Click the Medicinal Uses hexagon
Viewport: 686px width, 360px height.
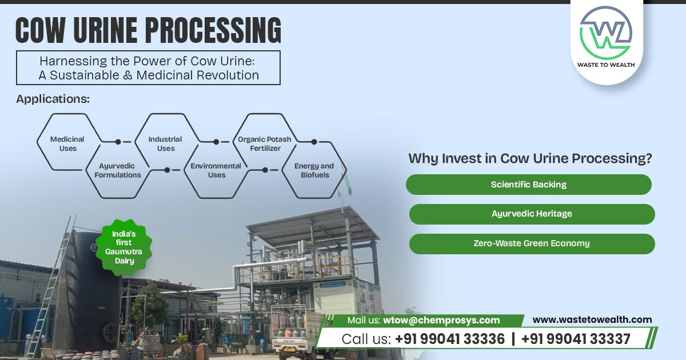click(67, 143)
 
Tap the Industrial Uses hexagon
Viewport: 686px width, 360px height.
click(166, 143)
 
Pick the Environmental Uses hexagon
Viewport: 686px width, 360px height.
click(216, 170)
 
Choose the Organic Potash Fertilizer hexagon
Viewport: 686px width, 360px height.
click(265, 143)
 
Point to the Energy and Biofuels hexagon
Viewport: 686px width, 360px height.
click(314, 170)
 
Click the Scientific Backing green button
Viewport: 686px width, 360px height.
click(529, 185)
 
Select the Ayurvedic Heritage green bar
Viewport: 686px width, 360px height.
click(532, 214)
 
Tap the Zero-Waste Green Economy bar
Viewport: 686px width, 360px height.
click(532, 243)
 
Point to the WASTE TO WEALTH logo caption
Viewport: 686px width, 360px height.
click(606, 64)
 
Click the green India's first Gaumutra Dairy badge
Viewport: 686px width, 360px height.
click(123, 246)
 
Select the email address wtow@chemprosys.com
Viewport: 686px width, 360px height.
click(441, 321)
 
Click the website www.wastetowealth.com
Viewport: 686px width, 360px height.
click(592, 320)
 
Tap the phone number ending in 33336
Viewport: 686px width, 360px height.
click(450, 339)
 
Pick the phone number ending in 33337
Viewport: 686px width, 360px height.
click(576, 339)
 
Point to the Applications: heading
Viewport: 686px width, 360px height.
click(53, 99)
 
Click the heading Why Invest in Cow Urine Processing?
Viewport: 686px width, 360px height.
click(530, 159)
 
